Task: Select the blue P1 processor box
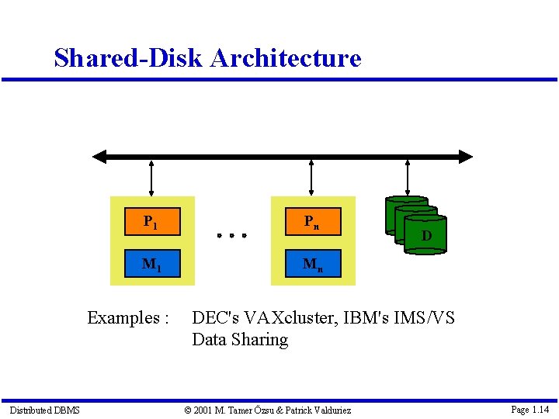(152, 221)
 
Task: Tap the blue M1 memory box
(152, 264)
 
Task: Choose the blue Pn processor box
(311, 221)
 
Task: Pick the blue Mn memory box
(312, 264)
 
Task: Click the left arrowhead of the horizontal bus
(99, 157)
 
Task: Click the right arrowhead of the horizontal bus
(465, 157)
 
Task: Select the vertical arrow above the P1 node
(151, 177)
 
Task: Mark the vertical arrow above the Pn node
(311, 177)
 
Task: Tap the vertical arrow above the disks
(408, 177)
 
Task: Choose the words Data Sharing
(240, 340)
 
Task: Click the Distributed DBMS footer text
(44, 410)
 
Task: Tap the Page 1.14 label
(530, 409)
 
